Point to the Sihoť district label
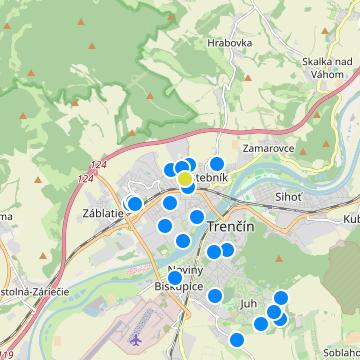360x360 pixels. click(288, 197)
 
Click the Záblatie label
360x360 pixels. click(99, 214)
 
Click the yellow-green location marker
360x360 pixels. click(185, 177)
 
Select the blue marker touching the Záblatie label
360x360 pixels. click(134, 204)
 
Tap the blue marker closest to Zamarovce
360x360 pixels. click(216, 163)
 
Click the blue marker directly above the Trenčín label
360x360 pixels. click(197, 216)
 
